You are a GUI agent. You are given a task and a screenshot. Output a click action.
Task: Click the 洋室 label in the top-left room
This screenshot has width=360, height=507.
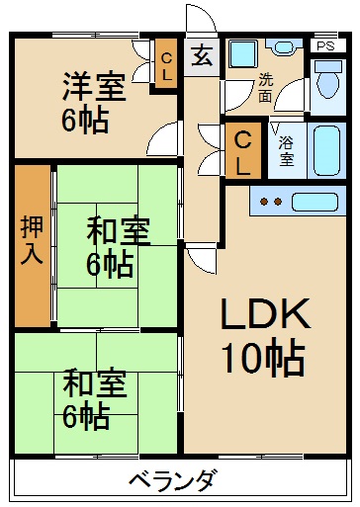tap(95, 85)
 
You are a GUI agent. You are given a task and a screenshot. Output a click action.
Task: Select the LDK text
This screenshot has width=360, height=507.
tap(265, 317)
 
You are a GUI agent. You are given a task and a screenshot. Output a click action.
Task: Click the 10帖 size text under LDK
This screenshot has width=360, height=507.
tap(263, 358)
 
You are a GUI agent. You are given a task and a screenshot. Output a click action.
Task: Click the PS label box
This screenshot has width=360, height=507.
tap(324, 45)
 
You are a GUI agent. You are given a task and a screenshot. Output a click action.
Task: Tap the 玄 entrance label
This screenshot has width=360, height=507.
tap(201, 55)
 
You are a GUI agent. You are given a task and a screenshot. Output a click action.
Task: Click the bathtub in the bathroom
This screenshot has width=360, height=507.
tap(325, 147)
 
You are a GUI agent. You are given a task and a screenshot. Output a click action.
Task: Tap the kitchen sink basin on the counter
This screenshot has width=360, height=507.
tap(321, 202)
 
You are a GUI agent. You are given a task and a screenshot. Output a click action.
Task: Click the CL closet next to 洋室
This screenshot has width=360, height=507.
tap(167, 67)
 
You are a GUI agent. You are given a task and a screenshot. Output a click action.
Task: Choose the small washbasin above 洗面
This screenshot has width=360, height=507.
tap(284, 46)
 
